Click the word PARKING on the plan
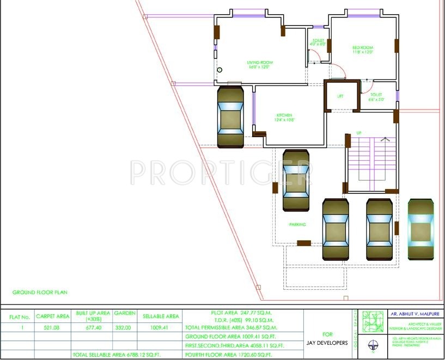click(297, 224)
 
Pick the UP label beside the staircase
click(358, 133)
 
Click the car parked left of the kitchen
click(230, 117)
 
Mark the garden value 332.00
click(124, 328)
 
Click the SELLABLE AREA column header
click(161, 316)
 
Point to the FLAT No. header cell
click(17, 316)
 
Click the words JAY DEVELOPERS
click(327, 343)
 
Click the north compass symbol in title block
click(371, 344)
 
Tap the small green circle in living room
click(220, 70)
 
